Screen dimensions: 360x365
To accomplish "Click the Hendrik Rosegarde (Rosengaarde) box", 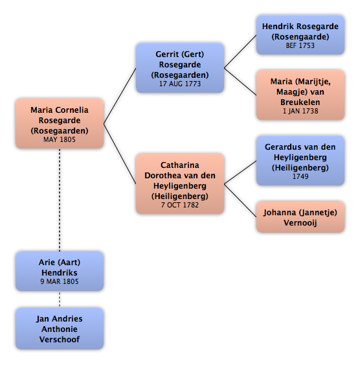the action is click(300, 35).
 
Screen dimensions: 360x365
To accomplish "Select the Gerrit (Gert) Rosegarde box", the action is click(180, 68).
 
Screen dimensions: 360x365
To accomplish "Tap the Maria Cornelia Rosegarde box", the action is click(60, 124).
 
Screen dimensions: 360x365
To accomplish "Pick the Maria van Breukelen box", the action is click(300, 95).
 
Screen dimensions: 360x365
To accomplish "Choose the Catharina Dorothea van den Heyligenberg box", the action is click(180, 184).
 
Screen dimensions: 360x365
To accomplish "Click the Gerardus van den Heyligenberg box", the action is click(300, 161).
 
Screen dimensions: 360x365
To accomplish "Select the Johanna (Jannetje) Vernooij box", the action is click(300, 217).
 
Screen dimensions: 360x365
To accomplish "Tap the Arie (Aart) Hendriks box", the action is click(60, 271).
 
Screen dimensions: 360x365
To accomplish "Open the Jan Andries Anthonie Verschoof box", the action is click(60, 329).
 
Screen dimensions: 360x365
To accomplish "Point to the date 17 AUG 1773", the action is click(180, 84).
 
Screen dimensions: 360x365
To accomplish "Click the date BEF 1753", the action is click(300, 45).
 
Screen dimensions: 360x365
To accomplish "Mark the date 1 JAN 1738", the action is click(300, 111).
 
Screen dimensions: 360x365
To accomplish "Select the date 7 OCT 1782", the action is click(180, 205).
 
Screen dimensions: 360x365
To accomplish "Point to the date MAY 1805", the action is click(60, 139).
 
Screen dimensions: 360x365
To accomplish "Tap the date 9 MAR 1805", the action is click(60, 281).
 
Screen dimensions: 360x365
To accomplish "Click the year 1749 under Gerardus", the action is click(300, 176).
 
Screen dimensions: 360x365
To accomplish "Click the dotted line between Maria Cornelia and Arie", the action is click(60, 200).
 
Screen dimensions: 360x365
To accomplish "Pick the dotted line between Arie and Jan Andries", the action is click(60, 300).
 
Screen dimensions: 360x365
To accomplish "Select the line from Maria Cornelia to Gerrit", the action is click(120, 96).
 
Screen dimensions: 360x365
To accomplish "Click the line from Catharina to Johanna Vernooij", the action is click(240, 201).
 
